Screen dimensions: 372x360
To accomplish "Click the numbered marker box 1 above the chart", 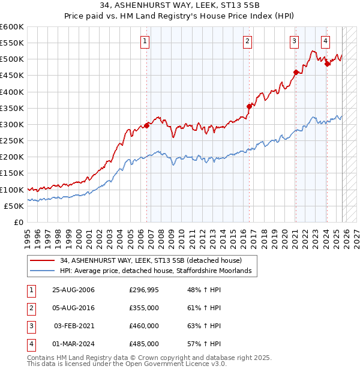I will [x=146, y=41].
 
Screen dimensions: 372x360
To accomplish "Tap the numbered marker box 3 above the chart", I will [x=295, y=41].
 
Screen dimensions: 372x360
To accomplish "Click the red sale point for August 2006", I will [x=147, y=125].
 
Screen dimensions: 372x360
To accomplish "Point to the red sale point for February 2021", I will [x=296, y=73].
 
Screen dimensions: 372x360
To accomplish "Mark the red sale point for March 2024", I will [x=327, y=64].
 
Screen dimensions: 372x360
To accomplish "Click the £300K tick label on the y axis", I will [x=11, y=124].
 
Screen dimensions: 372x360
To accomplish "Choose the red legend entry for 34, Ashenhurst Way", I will [x=151, y=260].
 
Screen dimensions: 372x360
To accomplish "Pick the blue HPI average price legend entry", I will [x=158, y=271].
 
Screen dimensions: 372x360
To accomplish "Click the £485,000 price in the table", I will [x=145, y=344].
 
